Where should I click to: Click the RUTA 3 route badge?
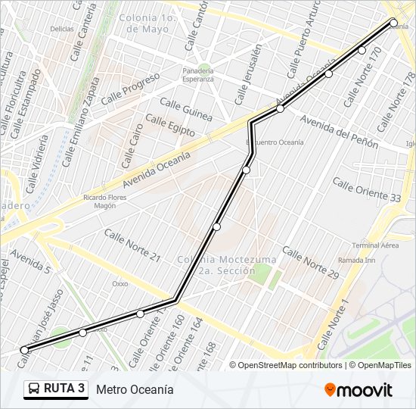tap(56, 389)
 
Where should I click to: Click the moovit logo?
tap(359, 390)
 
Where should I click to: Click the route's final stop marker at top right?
tap(393, 23)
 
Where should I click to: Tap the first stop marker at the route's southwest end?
tap(24, 350)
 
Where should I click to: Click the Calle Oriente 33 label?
tap(367, 189)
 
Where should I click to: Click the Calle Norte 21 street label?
tap(132, 245)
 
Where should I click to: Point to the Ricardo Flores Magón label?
tap(104, 201)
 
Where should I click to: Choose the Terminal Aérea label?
tap(375, 245)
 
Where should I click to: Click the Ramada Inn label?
tap(358, 260)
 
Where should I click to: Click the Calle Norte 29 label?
tap(311, 264)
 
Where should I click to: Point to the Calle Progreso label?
tap(130, 89)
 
